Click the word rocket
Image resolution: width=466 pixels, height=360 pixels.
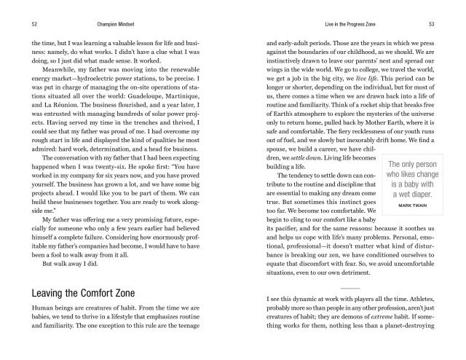tap(398, 124)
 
